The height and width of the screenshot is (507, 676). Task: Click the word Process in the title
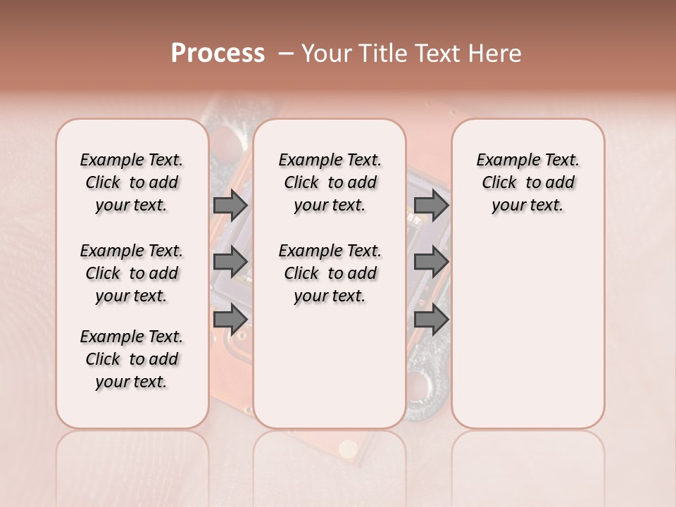coord(218,54)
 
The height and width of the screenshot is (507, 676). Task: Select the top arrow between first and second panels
coord(230,206)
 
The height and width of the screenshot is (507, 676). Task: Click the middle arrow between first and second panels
coord(230,262)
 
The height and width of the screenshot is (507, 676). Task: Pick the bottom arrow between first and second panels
coord(230,319)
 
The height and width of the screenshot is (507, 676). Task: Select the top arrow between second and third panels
coord(432,206)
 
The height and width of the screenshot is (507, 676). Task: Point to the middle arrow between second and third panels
coord(432,262)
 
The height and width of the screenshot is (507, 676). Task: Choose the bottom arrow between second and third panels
coord(432,319)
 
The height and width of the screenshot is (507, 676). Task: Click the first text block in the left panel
coord(132,182)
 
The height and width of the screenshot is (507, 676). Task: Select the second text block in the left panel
coord(132,273)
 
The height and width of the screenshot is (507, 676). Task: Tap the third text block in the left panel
coord(132,359)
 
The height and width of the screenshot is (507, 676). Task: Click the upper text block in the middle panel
coord(330,182)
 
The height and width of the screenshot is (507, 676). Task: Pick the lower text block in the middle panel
coord(330,273)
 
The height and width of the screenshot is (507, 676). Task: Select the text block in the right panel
coord(528,182)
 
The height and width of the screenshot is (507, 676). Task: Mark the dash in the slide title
coord(285,54)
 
